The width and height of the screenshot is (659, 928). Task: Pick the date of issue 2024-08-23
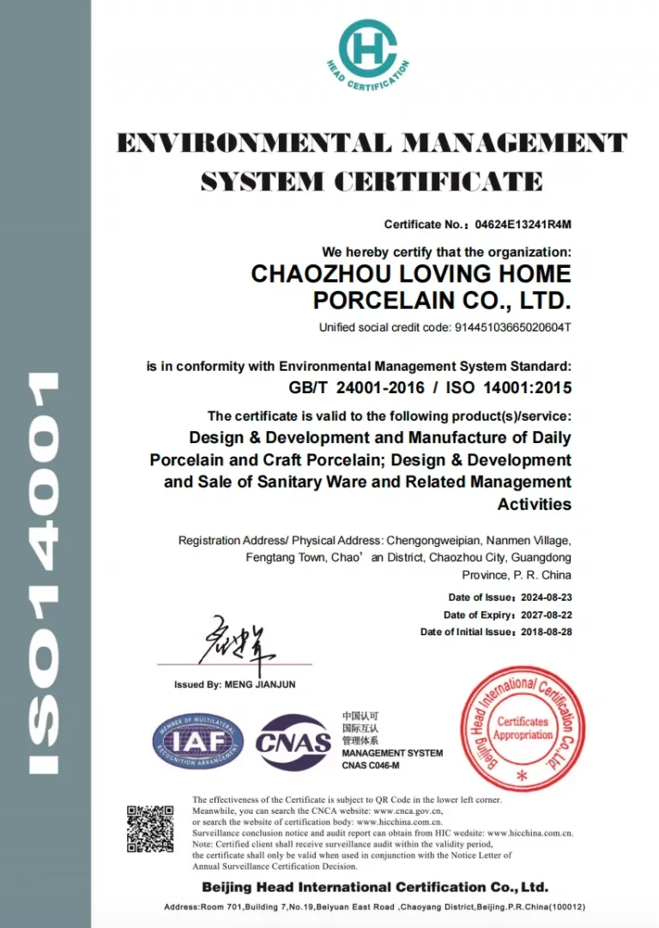(546, 597)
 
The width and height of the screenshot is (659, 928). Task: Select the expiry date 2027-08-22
(546, 615)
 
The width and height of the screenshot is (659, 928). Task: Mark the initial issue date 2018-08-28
(546, 632)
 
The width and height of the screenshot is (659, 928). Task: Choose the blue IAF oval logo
(198, 739)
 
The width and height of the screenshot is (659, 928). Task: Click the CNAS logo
(293, 741)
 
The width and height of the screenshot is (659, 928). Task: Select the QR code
(151, 828)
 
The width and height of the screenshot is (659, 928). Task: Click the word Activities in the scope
(534, 504)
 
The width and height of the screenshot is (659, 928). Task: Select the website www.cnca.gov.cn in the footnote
(408, 810)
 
